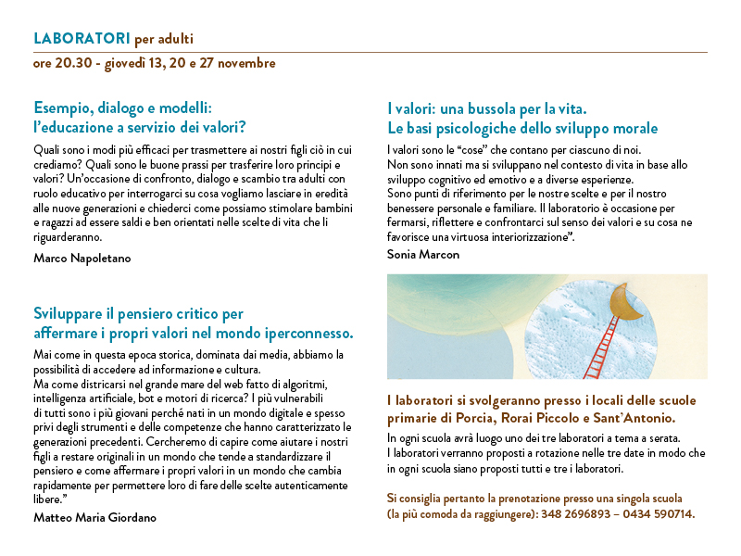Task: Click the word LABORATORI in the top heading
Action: (x=81, y=39)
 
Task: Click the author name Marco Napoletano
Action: (x=82, y=258)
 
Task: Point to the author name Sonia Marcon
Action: (x=423, y=254)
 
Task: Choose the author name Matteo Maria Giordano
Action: (x=94, y=518)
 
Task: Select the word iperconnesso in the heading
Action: (x=312, y=332)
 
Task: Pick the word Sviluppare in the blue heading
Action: (x=71, y=313)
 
